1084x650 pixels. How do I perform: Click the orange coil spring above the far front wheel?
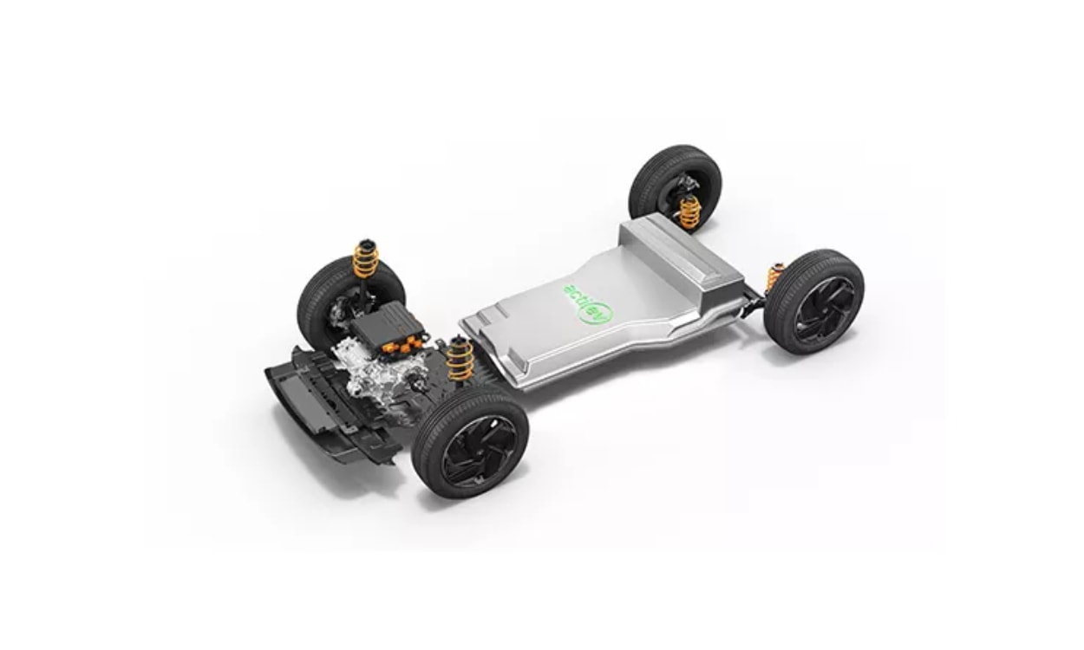click(366, 259)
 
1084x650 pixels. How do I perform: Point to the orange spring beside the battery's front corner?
click(460, 359)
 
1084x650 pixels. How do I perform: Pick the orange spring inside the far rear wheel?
click(689, 212)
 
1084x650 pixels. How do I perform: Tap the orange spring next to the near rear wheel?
click(774, 278)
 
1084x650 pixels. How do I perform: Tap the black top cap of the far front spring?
click(365, 242)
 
